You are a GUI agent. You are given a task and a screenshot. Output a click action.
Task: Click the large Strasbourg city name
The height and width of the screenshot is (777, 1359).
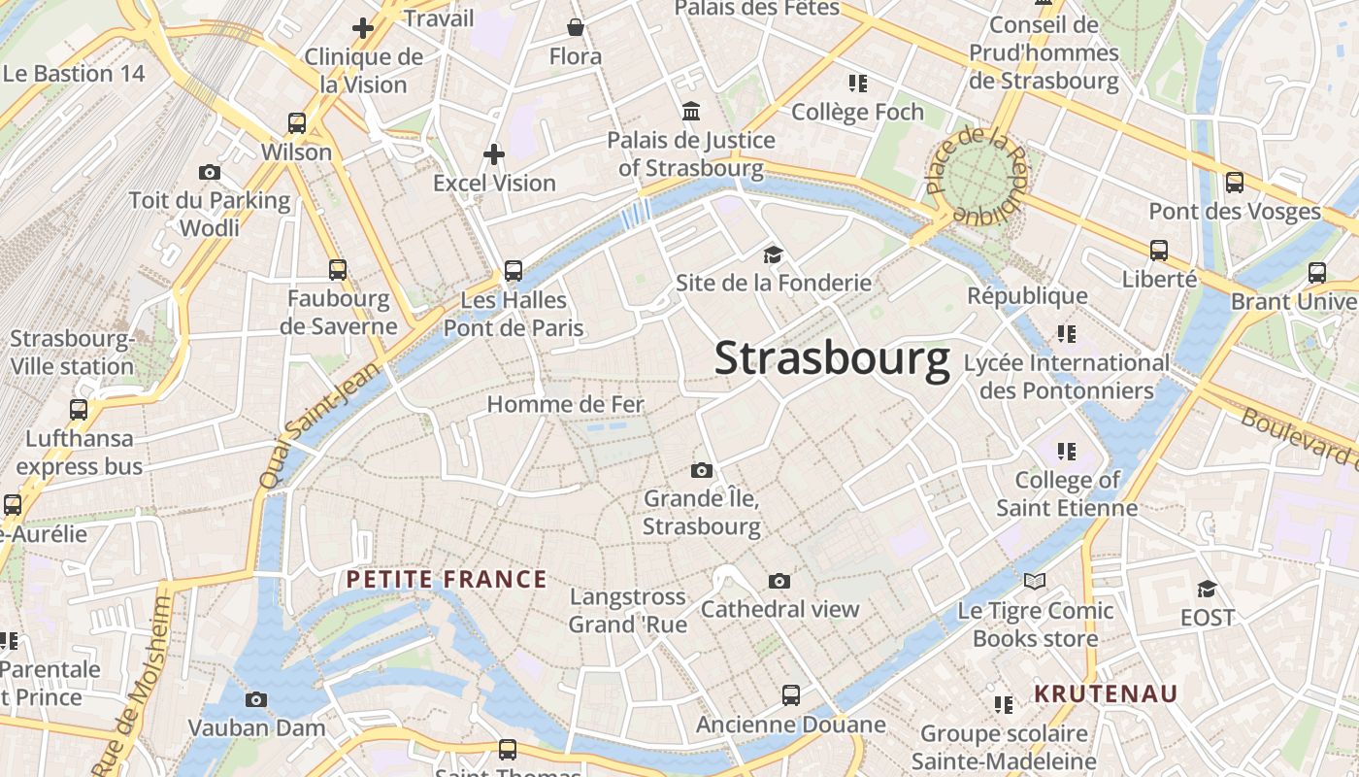832,358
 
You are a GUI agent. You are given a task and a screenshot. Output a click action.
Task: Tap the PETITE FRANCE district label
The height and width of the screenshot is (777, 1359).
447,580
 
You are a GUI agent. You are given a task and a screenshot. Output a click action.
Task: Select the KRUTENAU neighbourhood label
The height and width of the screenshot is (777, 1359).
1105,693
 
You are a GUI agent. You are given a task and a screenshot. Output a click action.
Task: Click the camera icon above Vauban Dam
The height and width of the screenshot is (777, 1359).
256,699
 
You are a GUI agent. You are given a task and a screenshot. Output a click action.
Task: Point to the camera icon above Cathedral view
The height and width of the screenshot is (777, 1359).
779,581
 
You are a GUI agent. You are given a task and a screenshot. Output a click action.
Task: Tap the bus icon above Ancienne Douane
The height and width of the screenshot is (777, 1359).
791,695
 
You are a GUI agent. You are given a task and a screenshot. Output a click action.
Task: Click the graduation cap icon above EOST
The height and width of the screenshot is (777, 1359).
1207,589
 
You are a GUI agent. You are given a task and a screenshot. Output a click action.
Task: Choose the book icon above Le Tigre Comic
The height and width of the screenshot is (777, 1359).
1035,581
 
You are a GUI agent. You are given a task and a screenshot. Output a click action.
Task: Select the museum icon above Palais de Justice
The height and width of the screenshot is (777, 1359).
691,111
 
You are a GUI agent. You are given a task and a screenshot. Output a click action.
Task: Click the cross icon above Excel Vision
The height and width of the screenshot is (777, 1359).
494,153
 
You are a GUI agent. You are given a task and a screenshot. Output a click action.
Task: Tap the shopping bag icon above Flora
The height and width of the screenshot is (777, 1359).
576,27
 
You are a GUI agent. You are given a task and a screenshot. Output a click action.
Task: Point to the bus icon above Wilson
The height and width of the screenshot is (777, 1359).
297,123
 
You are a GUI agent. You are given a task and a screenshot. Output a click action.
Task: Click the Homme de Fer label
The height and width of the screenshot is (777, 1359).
565,404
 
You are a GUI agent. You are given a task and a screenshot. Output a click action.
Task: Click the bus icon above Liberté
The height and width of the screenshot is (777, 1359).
1159,251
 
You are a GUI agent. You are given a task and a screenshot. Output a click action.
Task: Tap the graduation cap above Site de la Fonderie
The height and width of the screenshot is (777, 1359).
773,254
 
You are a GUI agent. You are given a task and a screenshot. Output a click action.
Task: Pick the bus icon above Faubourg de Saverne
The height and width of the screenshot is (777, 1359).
338,270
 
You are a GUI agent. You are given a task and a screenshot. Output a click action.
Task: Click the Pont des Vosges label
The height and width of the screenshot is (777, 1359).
1235,211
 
